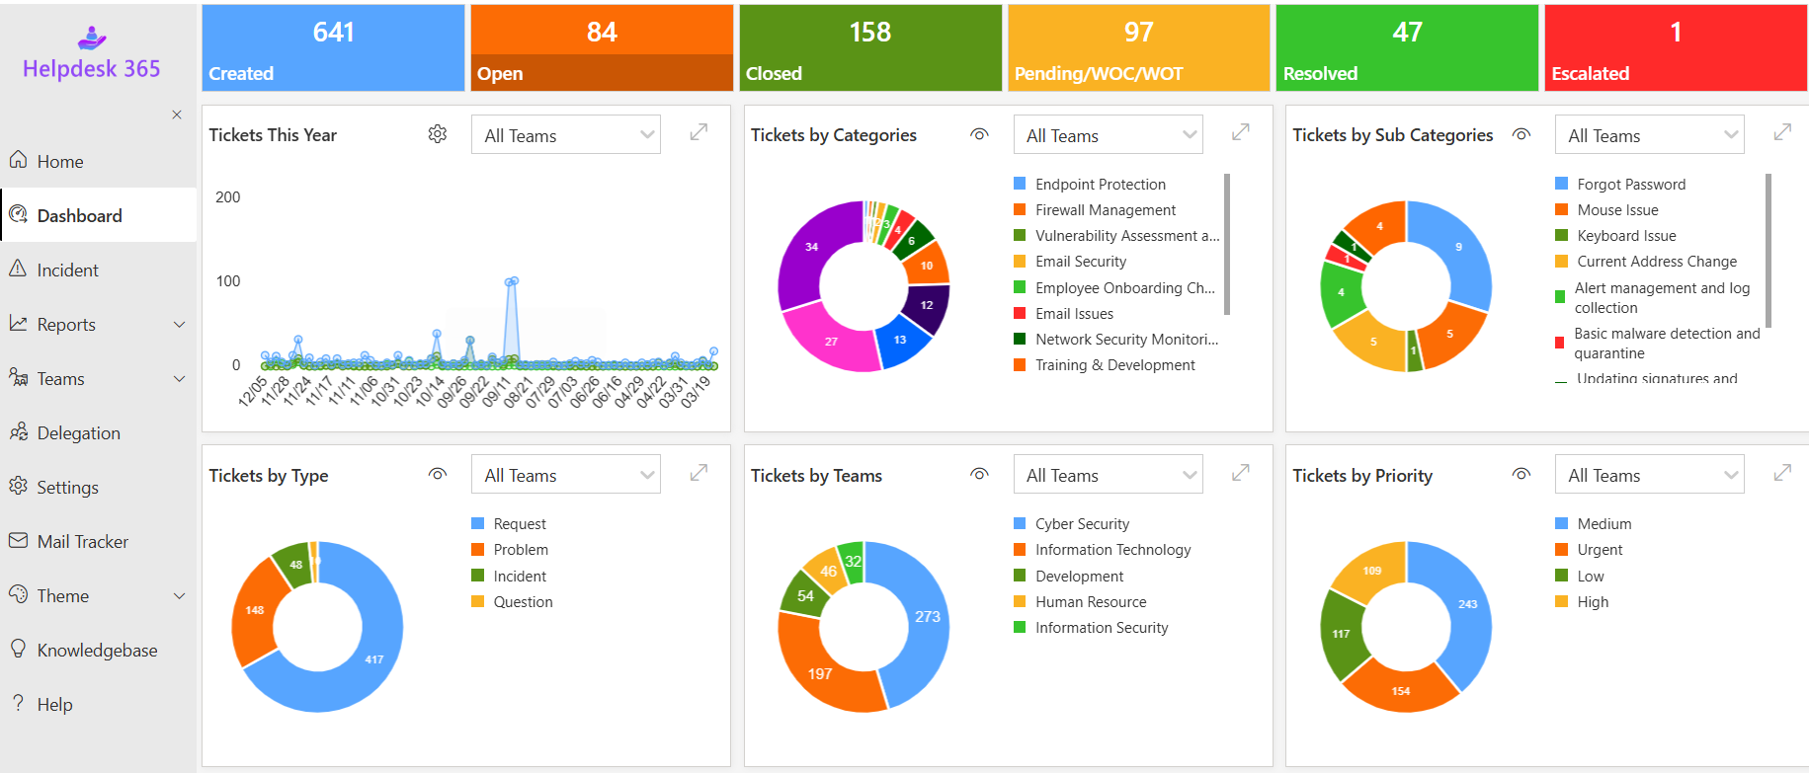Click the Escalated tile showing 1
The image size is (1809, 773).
point(1675,47)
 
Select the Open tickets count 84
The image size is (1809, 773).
point(602,32)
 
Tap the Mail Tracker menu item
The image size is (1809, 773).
point(82,541)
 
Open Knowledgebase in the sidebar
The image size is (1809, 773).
point(97,650)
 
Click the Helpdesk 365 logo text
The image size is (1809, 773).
point(91,68)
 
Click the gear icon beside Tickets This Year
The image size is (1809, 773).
point(438,134)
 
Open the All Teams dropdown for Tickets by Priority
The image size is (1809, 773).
point(1649,475)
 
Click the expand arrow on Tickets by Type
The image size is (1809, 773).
point(699,473)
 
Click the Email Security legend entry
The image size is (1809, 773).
point(1080,262)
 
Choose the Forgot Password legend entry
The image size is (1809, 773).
point(1630,185)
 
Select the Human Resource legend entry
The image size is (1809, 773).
point(1090,602)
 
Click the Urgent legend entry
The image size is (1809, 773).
point(1599,550)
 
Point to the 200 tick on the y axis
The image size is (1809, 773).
point(228,197)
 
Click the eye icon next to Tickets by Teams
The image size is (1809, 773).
point(979,474)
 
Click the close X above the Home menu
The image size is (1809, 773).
point(177,115)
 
